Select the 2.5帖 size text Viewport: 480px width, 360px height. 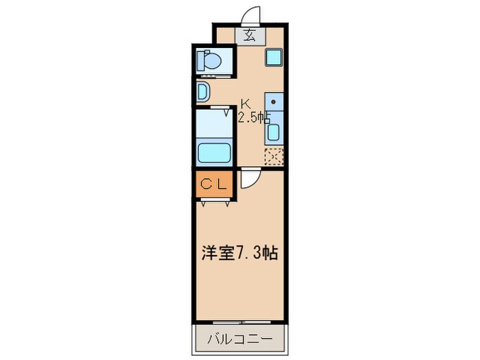click(x=254, y=117)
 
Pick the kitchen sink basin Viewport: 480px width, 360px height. click(x=274, y=132)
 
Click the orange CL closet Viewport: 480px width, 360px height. click(x=214, y=184)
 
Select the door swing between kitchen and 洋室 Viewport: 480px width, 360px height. click(x=251, y=180)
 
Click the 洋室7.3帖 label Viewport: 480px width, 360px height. click(x=239, y=253)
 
